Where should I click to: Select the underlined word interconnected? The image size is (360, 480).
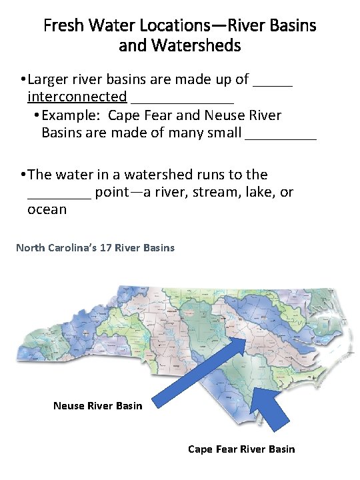coord(77,97)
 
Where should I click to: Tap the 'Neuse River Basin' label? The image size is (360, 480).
coord(97,405)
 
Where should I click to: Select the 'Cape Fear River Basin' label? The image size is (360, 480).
coord(241,449)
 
